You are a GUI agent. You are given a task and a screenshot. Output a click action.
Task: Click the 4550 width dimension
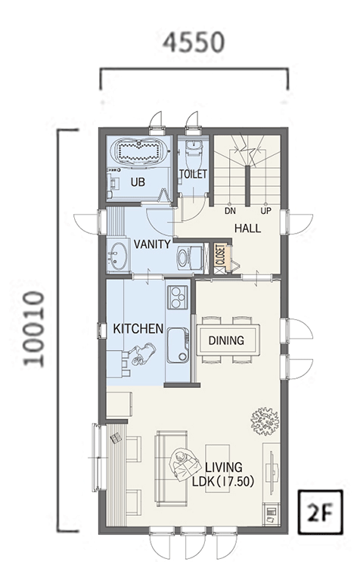point(194,42)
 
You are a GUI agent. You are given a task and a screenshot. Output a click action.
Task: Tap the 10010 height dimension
point(34,329)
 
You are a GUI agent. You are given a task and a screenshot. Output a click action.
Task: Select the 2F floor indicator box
point(321,511)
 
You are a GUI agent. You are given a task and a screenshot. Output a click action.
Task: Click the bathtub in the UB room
point(138,151)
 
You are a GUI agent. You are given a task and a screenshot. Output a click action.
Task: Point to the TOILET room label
point(193,174)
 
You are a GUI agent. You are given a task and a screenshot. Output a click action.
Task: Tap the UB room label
point(138,182)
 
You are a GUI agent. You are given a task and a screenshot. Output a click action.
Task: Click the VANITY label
point(152,244)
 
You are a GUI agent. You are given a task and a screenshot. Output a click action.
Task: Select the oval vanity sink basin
point(116,256)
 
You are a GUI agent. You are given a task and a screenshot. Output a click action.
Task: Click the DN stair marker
point(231,211)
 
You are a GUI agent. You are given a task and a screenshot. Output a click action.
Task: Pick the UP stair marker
point(265,211)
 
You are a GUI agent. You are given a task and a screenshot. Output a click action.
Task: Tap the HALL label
point(248,228)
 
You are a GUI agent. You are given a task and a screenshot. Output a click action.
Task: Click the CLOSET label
point(221,255)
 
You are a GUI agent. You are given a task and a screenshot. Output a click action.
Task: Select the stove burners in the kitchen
point(177,297)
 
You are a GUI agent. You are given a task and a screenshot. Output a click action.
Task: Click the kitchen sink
point(178,345)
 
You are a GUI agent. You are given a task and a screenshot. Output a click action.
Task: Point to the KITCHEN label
point(138,329)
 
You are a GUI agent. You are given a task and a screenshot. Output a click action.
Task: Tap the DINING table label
point(226,340)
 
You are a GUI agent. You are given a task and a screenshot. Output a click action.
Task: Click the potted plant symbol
point(265,421)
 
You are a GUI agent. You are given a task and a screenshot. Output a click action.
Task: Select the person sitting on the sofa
point(183,464)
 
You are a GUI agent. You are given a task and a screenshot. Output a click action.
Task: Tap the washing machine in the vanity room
point(190,257)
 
